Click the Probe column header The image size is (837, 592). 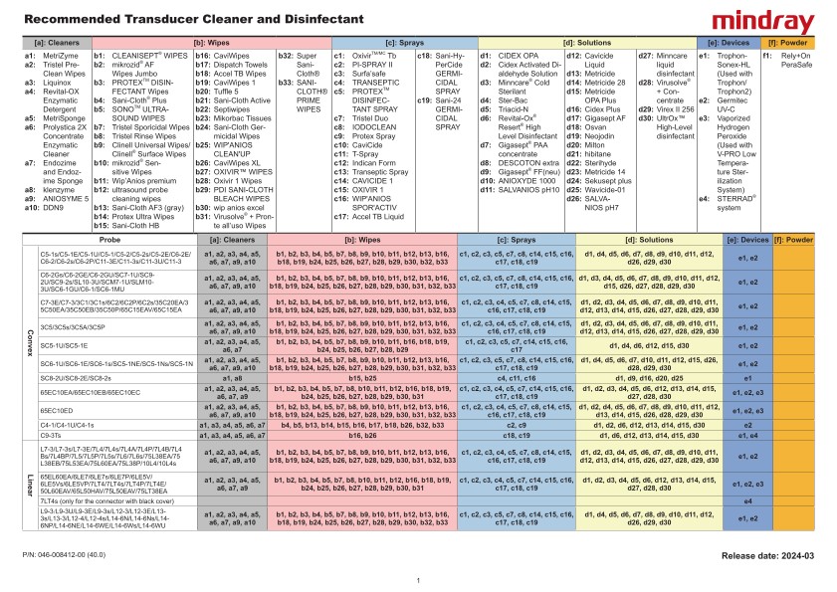(x=109, y=240)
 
